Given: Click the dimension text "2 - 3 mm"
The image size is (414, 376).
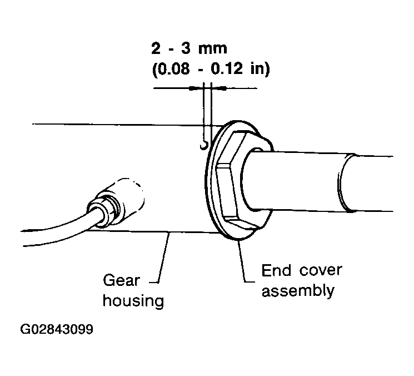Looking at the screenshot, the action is [189, 48].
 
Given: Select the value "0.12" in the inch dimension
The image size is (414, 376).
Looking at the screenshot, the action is [227, 69].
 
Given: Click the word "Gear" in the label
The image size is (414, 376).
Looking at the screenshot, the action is [121, 280].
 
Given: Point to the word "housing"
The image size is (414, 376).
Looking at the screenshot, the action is [133, 301].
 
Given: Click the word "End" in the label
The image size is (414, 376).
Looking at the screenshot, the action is [276, 270].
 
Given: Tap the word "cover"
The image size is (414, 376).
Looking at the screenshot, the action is [321, 270].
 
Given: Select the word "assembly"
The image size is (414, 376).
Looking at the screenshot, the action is [298, 291].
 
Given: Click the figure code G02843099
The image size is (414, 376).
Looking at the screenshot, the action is [57, 329].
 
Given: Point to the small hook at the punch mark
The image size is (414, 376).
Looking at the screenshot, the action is [204, 146].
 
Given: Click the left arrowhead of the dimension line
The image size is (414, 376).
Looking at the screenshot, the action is [196, 88].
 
